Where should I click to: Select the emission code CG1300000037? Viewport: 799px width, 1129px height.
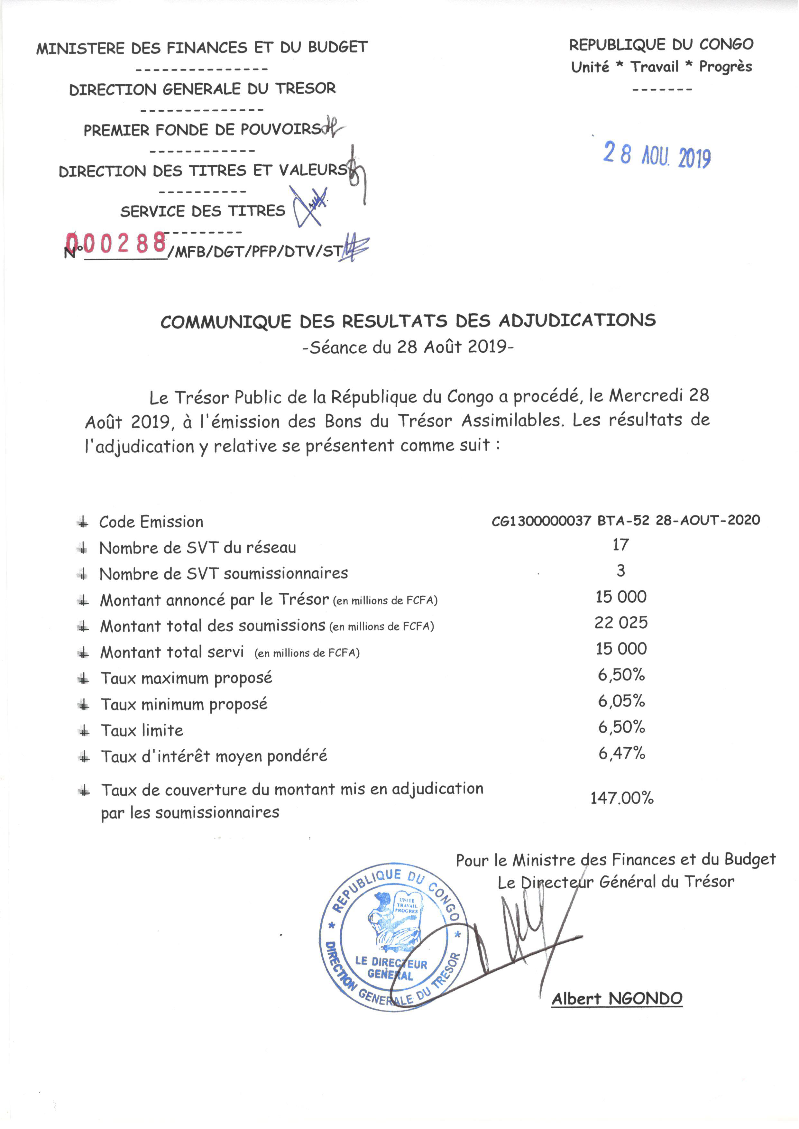click(541, 521)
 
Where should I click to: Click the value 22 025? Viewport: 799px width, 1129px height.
click(621, 623)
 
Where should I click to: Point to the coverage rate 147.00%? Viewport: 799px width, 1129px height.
click(622, 798)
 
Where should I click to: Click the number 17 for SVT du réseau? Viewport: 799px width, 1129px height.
click(620, 544)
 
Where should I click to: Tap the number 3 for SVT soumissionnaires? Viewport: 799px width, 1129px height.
click(621, 570)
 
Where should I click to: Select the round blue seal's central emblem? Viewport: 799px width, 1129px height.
click(394, 921)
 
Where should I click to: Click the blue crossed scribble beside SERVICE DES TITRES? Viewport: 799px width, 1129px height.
click(310, 205)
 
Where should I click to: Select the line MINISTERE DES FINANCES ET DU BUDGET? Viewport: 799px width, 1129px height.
click(202, 48)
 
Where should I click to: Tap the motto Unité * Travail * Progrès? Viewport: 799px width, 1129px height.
click(661, 67)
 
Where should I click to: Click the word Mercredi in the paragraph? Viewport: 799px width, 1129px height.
click(646, 396)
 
